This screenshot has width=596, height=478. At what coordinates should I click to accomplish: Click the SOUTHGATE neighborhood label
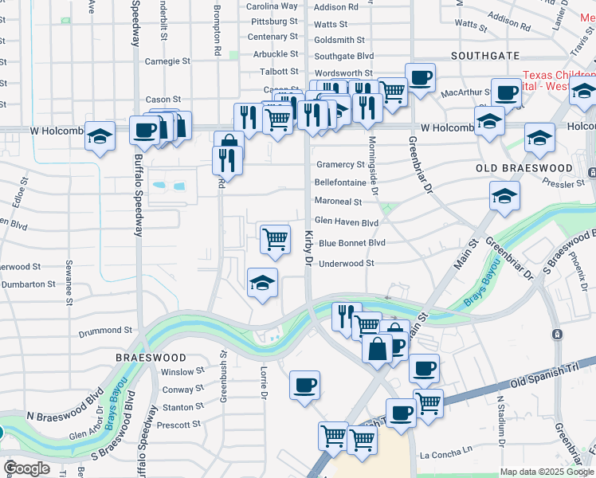point(486,56)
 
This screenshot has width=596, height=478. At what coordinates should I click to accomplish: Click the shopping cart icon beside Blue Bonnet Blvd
point(275,238)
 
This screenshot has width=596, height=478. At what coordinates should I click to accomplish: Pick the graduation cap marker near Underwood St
point(262,283)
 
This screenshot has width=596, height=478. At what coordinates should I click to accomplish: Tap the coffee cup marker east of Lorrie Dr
point(304,386)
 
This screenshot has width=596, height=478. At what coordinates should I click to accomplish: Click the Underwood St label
point(346,264)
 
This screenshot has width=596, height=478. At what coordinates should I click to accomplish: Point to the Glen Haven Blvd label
point(346,223)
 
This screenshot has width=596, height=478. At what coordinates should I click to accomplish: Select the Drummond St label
point(105,330)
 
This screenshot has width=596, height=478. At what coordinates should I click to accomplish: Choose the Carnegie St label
point(167,61)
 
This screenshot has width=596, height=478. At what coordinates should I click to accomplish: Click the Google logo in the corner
point(26,468)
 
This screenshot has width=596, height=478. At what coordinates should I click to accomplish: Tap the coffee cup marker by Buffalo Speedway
point(144,130)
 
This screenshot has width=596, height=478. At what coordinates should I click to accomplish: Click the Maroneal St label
point(338,202)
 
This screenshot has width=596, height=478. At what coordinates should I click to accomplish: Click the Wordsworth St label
point(344,73)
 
